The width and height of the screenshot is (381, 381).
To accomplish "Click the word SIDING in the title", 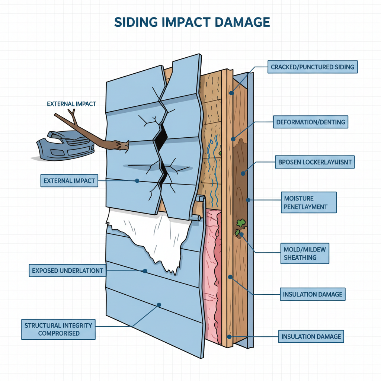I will (x=135, y=22).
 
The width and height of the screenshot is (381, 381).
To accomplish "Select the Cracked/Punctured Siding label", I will (x=312, y=67).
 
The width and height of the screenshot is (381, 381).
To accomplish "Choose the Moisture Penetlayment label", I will (x=308, y=202).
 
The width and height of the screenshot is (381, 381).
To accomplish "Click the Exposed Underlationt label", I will (x=67, y=270).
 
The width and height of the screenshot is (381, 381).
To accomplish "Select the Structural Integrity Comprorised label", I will (x=58, y=329).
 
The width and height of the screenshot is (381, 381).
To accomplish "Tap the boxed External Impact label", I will (x=69, y=181).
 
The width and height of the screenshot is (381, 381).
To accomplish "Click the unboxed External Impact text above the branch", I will (x=71, y=104).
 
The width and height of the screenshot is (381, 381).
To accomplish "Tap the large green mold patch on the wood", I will (x=241, y=223).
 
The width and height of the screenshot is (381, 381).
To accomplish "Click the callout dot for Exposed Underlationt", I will (x=145, y=271).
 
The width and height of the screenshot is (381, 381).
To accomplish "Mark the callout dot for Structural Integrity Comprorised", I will (x=159, y=304).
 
